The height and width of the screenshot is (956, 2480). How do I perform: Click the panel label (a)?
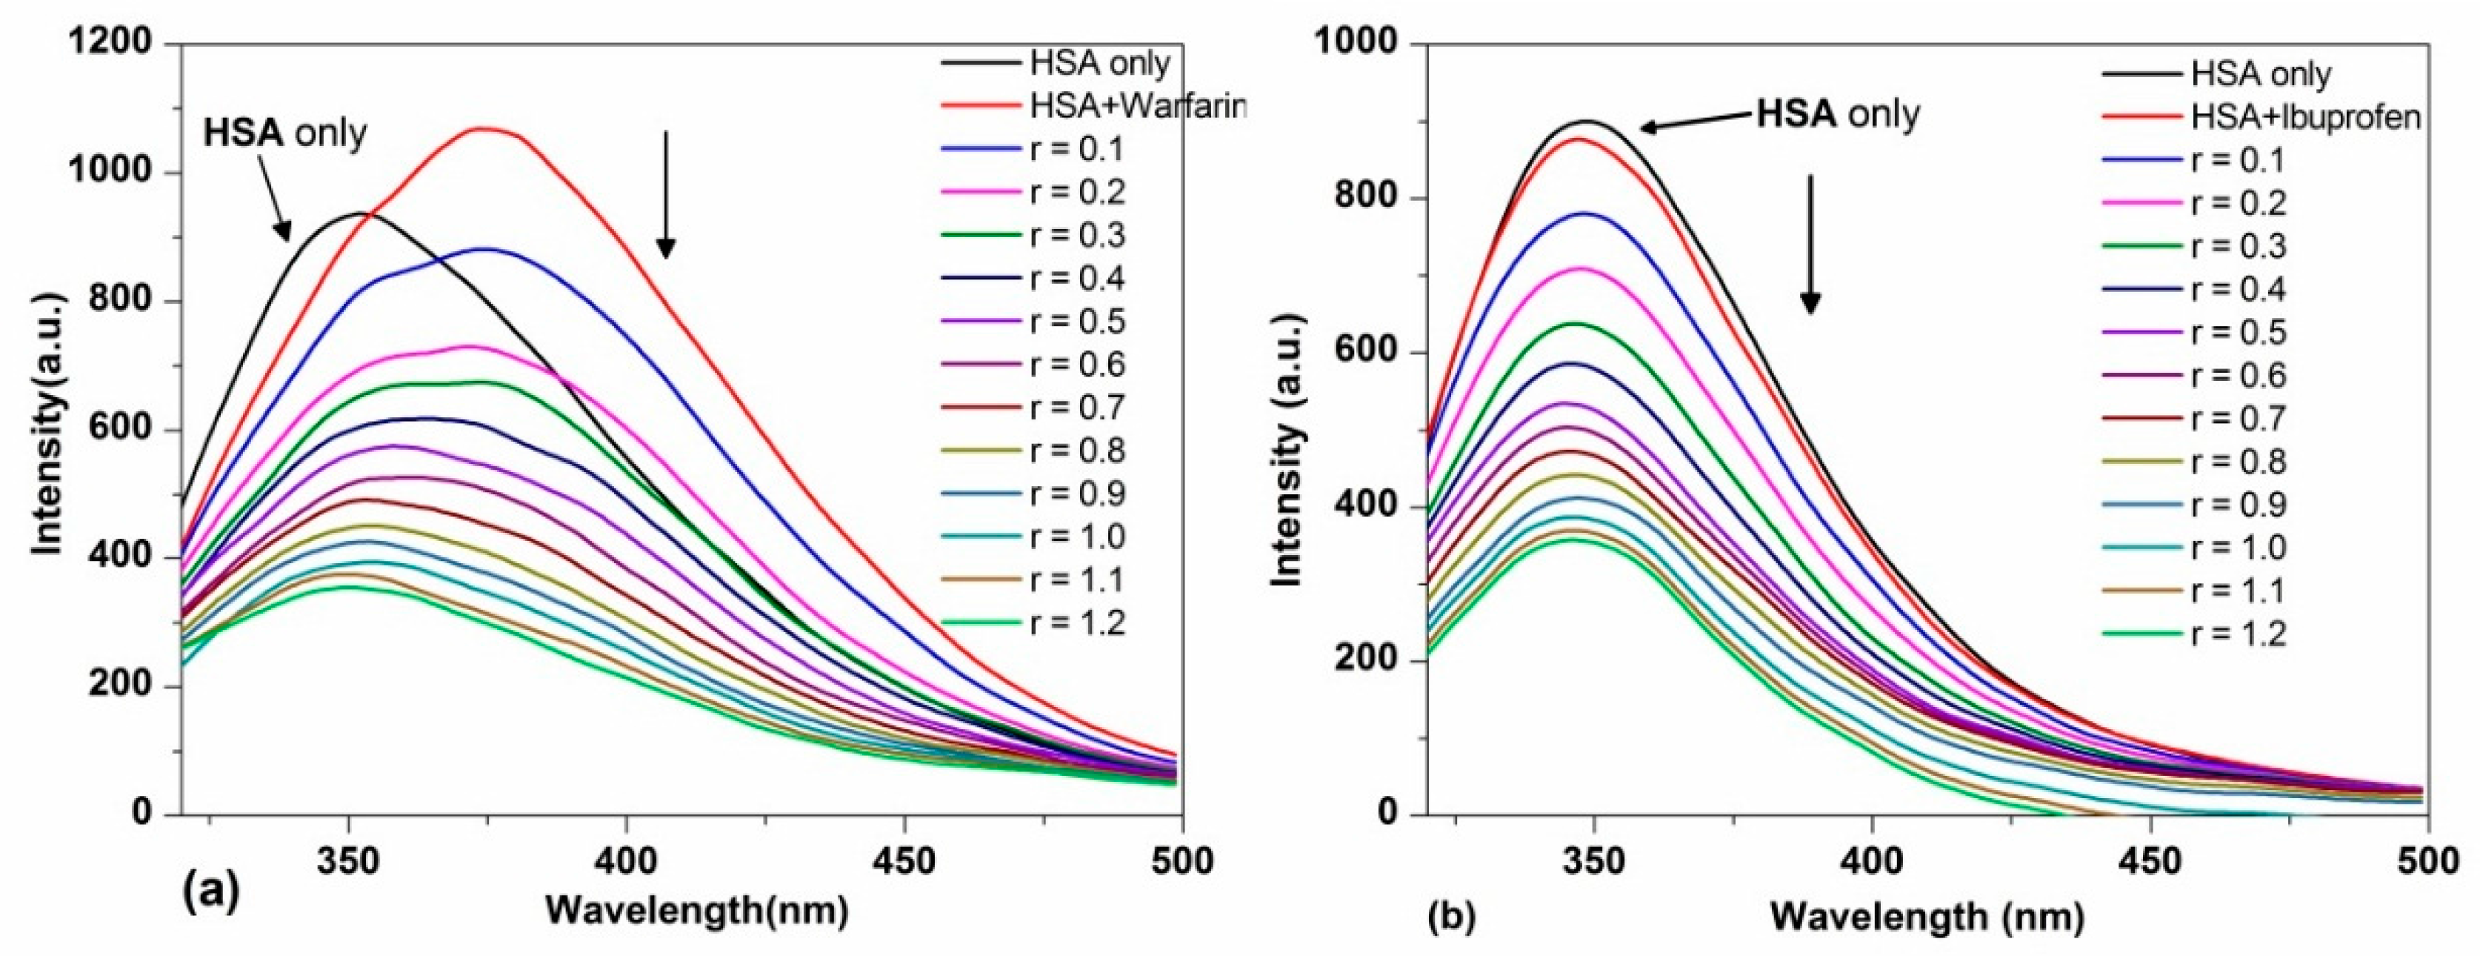pyautogui.click(x=209, y=894)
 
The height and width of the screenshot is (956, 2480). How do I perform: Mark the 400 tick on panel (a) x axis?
pyautogui.click(x=627, y=862)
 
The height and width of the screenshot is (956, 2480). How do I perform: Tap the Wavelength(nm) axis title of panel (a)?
pyautogui.click(x=697, y=910)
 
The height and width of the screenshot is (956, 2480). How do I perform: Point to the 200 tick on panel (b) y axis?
pyautogui.click(x=1368, y=661)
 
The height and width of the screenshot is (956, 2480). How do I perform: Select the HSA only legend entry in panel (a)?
pyautogui.click(x=1099, y=64)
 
